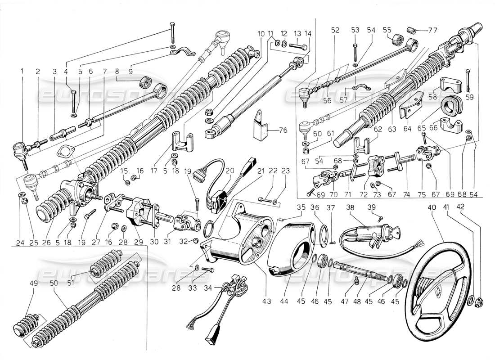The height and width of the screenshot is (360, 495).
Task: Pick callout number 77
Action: (x=432, y=31)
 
